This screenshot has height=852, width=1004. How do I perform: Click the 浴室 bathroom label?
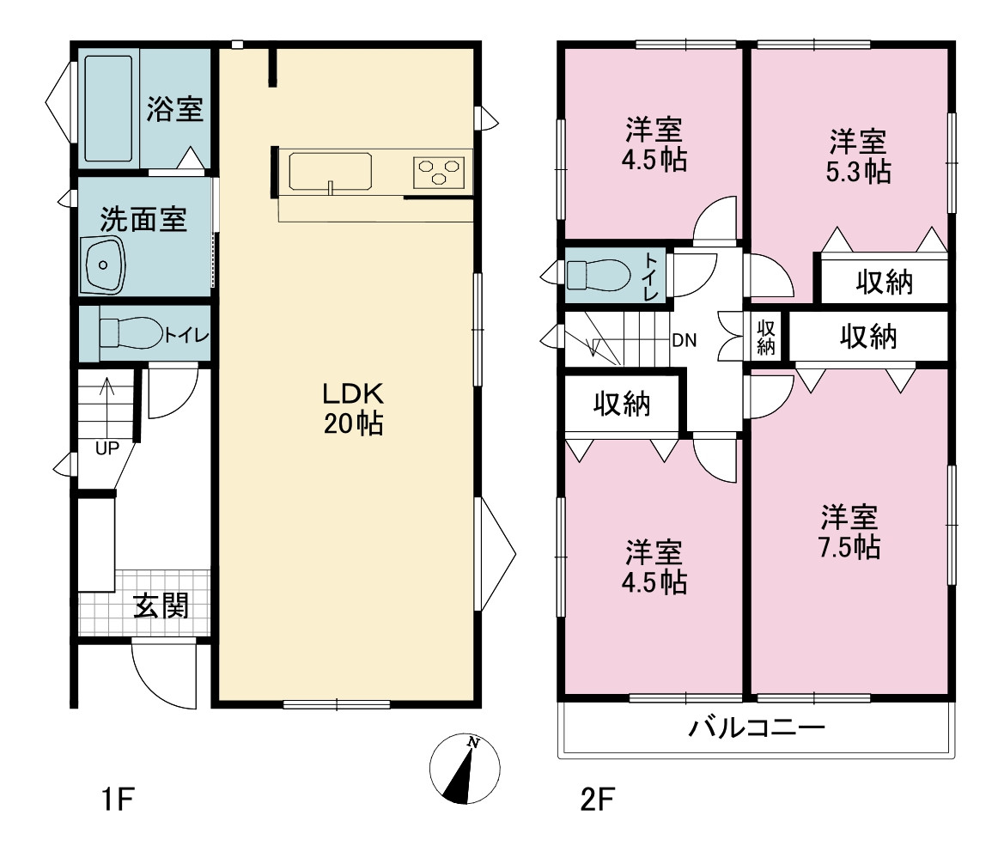tap(175, 109)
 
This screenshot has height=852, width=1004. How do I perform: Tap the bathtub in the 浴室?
tap(109, 109)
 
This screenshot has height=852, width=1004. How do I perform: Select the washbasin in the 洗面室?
tap(102, 265)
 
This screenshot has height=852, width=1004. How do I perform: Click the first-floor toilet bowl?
tap(131, 333)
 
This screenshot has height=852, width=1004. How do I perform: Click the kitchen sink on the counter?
tap(330, 171)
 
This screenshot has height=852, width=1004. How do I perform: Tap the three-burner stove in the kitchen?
tap(439, 172)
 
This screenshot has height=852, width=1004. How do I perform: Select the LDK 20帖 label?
tap(354, 409)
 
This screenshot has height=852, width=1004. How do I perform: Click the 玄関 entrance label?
tap(161, 606)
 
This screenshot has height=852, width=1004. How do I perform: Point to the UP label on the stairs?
tap(107, 448)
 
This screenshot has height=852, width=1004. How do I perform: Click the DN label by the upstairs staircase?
tap(684, 341)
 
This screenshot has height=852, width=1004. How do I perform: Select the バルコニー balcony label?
tap(757, 727)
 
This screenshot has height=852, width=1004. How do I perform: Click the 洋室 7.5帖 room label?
tap(849, 532)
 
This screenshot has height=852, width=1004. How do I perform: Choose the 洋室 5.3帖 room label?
tap(858, 157)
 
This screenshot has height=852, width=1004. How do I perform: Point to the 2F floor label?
tap(598, 800)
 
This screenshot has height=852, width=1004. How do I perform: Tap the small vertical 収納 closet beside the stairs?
tap(766, 337)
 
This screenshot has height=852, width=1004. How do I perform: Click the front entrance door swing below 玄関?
tap(162, 673)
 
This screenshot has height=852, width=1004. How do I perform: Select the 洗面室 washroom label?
tap(143, 220)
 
